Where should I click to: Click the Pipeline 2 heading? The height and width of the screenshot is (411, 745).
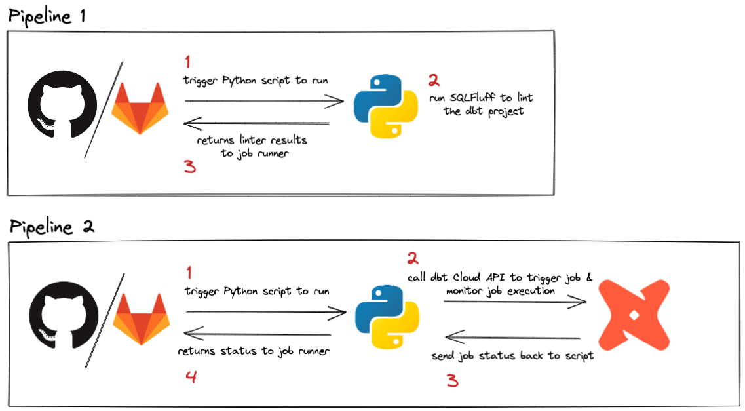click(x=52, y=227)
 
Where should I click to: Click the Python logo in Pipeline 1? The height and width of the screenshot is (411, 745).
click(x=385, y=106)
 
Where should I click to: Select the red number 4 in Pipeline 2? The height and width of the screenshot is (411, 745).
click(x=191, y=377)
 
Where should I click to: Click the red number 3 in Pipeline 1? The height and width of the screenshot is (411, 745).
click(x=190, y=167)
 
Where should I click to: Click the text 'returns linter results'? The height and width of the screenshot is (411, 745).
click(x=252, y=140)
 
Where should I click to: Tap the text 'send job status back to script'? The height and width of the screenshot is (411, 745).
click(x=512, y=356)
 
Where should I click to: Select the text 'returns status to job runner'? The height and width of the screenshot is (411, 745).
click(x=254, y=351)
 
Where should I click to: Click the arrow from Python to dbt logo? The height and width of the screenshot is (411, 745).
click(x=515, y=302)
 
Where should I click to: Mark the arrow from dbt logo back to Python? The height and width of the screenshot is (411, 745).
click(x=512, y=338)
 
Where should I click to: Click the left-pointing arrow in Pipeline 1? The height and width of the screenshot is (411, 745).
click(x=257, y=123)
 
